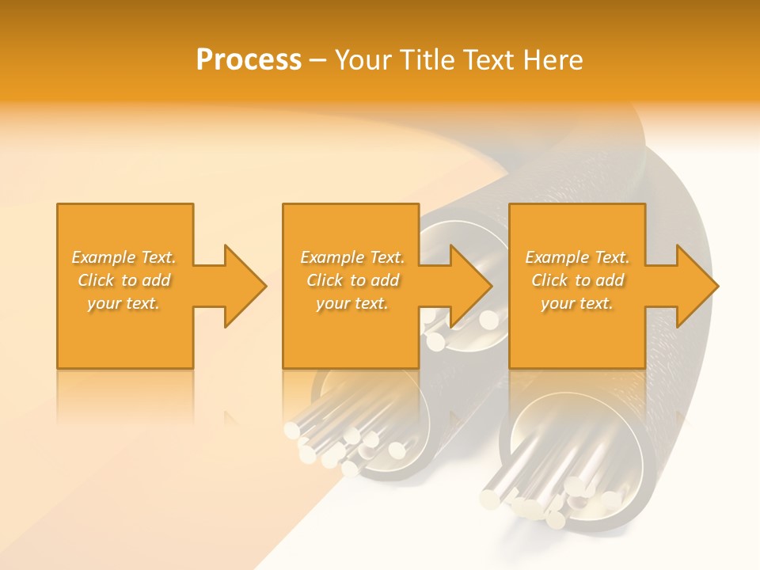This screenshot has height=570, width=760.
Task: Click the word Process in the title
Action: point(249,60)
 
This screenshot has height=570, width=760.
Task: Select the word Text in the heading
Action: point(488,60)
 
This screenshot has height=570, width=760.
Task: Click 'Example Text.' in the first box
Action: point(123,257)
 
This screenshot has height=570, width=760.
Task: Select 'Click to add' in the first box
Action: point(123,280)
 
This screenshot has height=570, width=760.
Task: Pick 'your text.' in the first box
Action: point(123,303)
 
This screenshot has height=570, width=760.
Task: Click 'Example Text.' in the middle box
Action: point(352,257)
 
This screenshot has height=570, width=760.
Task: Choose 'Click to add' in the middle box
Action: point(352,280)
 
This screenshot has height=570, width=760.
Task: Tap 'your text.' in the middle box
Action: point(352,303)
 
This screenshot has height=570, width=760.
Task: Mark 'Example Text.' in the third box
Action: point(577,257)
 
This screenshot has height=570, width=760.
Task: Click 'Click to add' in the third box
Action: point(577,280)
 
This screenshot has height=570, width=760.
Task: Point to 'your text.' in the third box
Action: point(577,303)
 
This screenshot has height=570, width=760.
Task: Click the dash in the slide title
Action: point(318,61)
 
